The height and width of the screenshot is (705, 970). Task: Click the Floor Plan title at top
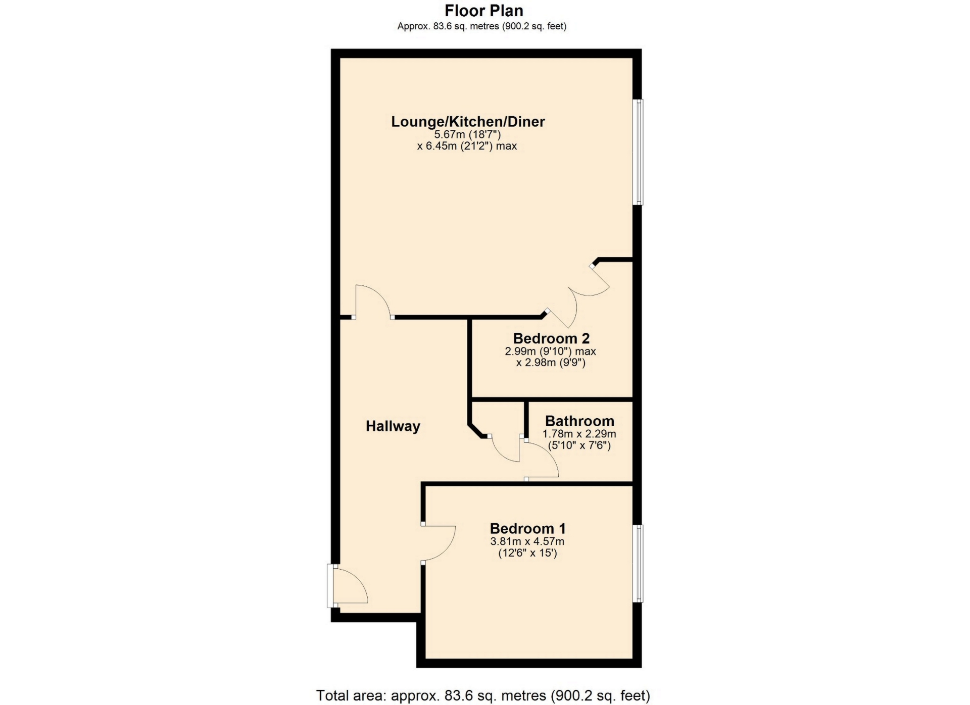483,11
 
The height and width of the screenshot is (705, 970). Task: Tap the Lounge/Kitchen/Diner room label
468,122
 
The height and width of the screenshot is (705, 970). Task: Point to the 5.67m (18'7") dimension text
467,135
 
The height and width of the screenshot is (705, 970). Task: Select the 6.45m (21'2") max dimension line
467,146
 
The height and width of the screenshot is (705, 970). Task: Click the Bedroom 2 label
551,338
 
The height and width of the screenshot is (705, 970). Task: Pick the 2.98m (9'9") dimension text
551,363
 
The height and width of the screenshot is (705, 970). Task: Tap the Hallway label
393,426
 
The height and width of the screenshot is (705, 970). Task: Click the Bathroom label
579,421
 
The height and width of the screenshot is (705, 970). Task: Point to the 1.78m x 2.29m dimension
579,434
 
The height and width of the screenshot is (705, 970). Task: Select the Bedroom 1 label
528,529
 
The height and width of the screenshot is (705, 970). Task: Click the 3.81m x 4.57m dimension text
527,542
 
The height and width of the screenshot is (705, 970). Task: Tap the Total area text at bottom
483,695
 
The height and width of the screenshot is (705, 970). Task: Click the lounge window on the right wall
639,152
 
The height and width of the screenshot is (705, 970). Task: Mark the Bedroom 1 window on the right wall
639,564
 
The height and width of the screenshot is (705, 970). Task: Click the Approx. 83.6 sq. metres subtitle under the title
481,26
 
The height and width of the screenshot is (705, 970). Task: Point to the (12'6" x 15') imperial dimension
527,553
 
